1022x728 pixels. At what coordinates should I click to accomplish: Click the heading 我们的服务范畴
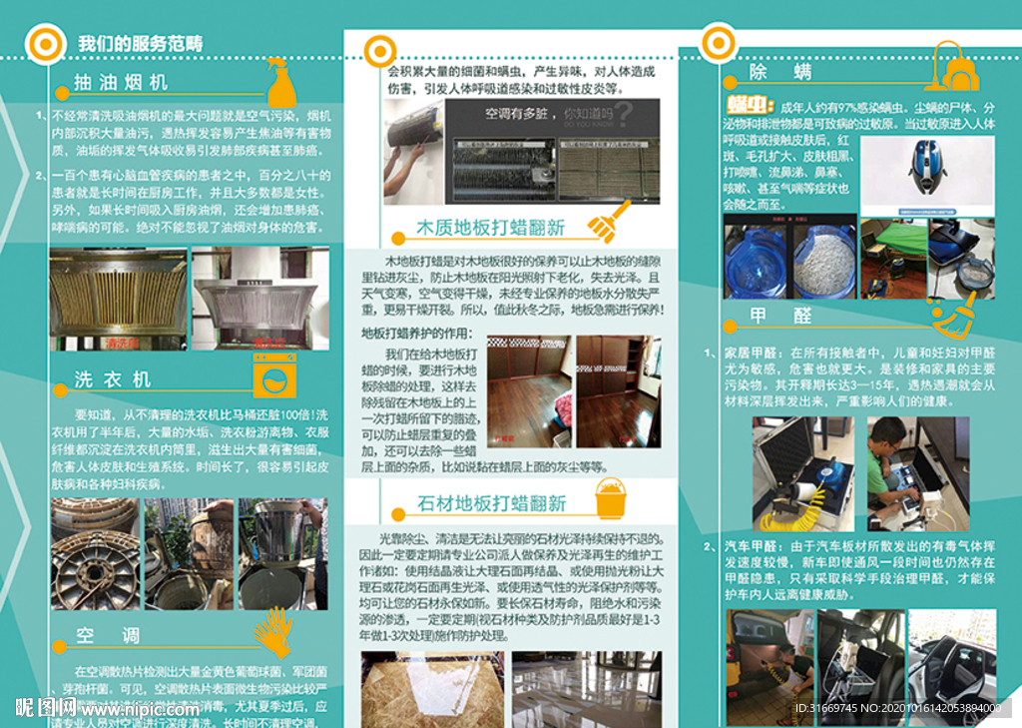(140, 44)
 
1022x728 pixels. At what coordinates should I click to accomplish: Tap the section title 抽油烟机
(120, 82)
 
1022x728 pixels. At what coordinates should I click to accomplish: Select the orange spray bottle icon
(280, 81)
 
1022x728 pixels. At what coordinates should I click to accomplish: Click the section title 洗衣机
(113, 379)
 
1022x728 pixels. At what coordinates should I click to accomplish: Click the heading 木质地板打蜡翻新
(490, 228)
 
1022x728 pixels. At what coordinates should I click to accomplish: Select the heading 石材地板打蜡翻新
(491, 502)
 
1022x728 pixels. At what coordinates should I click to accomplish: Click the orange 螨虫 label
(748, 105)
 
